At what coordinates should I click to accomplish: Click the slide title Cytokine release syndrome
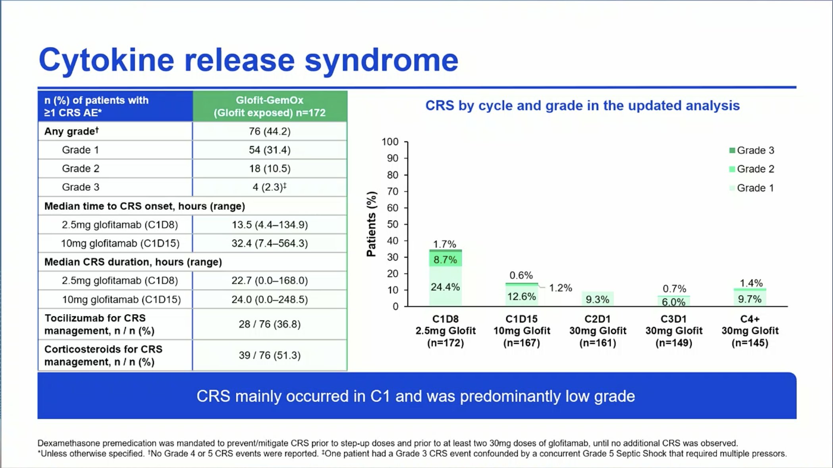pyautogui.click(x=249, y=60)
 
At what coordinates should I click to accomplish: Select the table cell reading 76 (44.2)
pyautogui.click(x=270, y=131)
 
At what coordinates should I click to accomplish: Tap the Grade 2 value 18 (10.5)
pyautogui.click(x=270, y=169)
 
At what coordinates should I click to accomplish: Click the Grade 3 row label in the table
pyautogui.click(x=81, y=187)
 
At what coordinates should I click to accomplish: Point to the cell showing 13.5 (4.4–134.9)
pyautogui.click(x=270, y=225)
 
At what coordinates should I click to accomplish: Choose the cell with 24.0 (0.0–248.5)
pyautogui.click(x=270, y=299)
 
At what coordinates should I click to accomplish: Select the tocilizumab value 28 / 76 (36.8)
pyautogui.click(x=270, y=324)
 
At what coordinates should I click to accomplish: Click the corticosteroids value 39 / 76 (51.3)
pyautogui.click(x=270, y=355)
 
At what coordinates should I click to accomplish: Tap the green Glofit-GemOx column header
pyautogui.click(x=270, y=106)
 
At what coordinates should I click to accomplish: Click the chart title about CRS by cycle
pyautogui.click(x=582, y=105)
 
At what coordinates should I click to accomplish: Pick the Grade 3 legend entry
pyautogui.click(x=752, y=150)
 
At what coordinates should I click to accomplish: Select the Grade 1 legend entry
pyautogui.click(x=752, y=188)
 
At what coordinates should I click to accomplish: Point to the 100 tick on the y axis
pyautogui.click(x=390, y=142)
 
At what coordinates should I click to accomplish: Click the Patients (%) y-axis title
pyautogui.click(x=371, y=224)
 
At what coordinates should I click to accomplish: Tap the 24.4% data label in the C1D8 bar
pyautogui.click(x=445, y=287)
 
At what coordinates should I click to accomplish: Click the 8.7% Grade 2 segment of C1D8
pyautogui.click(x=445, y=259)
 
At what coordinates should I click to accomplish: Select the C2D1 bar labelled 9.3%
pyautogui.click(x=598, y=299)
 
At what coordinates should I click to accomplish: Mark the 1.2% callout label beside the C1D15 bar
pyautogui.click(x=560, y=288)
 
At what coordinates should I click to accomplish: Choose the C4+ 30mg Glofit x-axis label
pyautogui.click(x=750, y=331)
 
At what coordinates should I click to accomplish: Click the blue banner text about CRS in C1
pyautogui.click(x=416, y=396)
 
